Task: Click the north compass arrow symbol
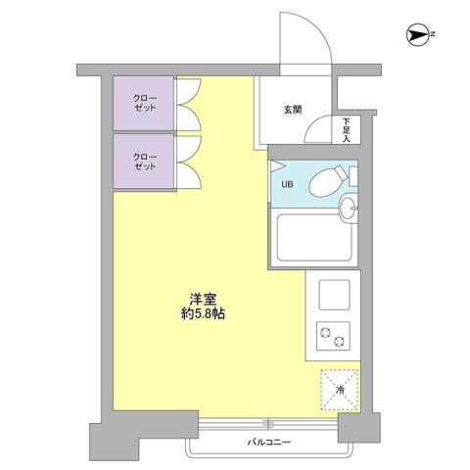[x=416, y=37]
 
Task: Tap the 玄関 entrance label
[x=293, y=110]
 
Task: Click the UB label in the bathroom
[x=287, y=183]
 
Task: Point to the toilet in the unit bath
[x=328, y=180]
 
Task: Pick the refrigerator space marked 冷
[x=340, y=389]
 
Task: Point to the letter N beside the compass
[x=432, y=37]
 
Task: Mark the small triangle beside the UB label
[x=277, y=165]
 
